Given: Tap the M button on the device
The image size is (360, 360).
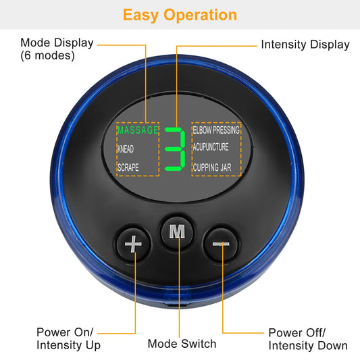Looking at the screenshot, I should (x=177, y=231).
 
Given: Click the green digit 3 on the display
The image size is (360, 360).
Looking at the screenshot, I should (x=175, y=148).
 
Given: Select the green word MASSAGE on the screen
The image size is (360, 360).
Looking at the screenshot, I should (x=137, y=129).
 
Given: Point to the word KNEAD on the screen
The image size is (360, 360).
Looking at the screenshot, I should (x=126, y=148).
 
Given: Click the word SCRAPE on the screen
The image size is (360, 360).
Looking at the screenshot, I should (x=128, y=167).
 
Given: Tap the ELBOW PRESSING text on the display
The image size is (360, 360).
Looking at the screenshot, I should (x=216, y=129).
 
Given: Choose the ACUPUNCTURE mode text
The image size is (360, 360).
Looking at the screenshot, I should (x=211, y=147).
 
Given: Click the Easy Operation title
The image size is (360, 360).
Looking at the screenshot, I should (x=180, y=15).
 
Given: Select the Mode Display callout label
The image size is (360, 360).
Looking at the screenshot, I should (x=57, y=43).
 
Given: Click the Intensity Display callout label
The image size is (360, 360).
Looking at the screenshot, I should (x=305, y=45).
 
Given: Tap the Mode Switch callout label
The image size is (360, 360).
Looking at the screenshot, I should (x=182, y=344).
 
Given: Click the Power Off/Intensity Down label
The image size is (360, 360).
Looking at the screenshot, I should (x=308, y=338).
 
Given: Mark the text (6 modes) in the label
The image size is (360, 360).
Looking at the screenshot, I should (x=47, y=56).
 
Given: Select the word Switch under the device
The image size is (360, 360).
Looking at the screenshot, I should (x=199, y=344).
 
